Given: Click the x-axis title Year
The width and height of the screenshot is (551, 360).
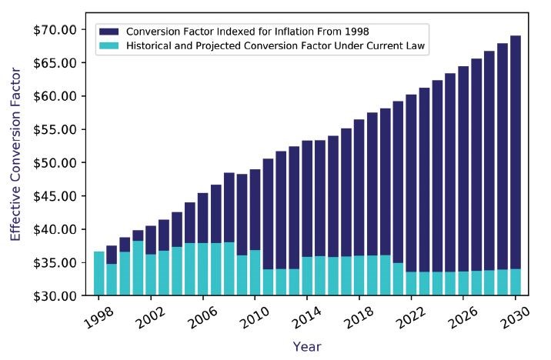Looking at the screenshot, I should [306, 347].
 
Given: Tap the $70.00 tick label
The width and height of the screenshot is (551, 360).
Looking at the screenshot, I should [55, 30].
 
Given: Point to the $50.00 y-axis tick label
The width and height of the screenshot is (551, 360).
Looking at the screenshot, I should [55, 163].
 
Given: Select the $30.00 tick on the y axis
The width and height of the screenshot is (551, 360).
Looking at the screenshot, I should [55, 296].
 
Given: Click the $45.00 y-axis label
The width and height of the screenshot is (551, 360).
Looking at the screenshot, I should [55, 196].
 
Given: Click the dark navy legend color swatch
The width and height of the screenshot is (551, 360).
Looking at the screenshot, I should [109, 32].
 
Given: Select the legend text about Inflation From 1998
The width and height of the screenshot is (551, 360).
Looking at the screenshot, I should [248, 32].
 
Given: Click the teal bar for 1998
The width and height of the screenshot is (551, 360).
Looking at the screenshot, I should [99, 274].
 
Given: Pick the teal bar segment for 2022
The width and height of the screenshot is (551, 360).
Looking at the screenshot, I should [412, 284].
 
